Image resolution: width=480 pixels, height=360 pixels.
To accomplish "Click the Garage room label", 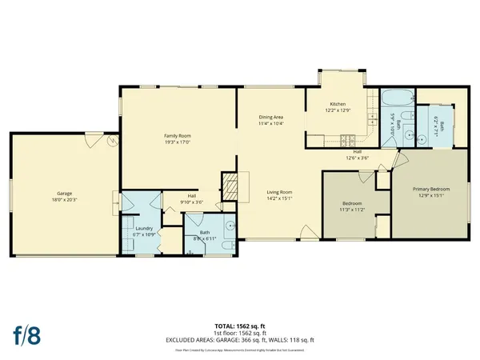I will pyautogui.click(x=64, y=193).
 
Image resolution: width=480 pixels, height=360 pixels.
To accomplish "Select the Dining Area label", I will pyautogui.click(x=272, y=118).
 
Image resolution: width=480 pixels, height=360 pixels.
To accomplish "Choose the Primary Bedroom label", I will pyautogui.click(x=430, y=189).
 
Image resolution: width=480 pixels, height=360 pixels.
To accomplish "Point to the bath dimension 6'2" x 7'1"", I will pyautogui.click(x=438, y=122).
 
